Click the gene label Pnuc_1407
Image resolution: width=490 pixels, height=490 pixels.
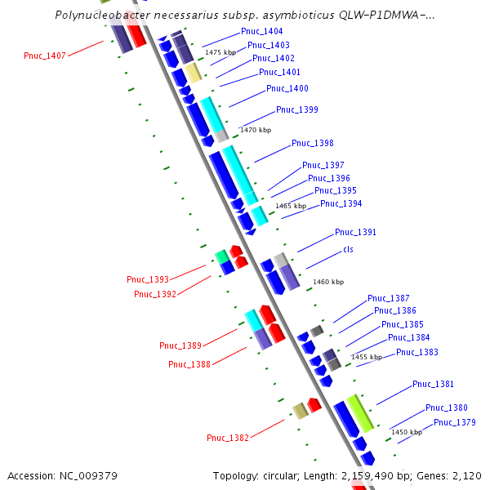[45, 56]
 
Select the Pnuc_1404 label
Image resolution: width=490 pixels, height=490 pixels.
[262, 31]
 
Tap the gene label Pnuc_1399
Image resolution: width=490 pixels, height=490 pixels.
[297, 109]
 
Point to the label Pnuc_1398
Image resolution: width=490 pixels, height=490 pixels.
[313, 144]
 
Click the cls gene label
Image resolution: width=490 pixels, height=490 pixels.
[348, 249]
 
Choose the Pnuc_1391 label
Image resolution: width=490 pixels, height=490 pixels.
[356, 232]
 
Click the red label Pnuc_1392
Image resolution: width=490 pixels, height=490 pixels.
[155, 294]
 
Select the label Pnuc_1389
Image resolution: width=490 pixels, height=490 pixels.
[180, 345]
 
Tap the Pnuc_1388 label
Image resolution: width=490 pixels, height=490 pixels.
[189, 364]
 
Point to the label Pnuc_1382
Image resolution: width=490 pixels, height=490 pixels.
[228, 438]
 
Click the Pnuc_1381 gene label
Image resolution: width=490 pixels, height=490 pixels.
[434, 384]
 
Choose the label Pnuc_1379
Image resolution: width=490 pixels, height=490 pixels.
[455, 422]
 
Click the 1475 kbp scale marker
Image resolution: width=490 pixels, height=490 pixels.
[220, 52]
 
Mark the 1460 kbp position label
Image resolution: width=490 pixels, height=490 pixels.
[328, 282]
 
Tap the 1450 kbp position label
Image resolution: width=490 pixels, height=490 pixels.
[407, 432]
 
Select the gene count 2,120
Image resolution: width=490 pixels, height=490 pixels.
[465, 475]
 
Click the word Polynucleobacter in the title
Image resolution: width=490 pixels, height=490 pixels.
[101, 16]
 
